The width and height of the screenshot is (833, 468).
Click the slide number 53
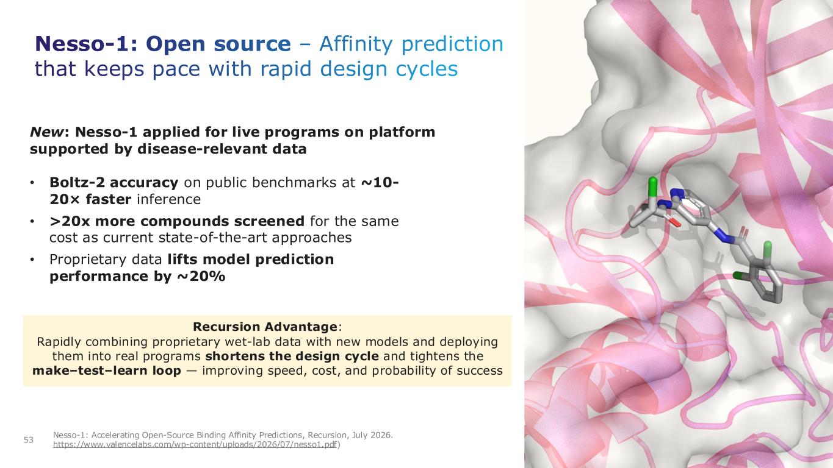click(x=29, y=440)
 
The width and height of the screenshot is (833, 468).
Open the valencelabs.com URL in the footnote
click(x=195, y=445)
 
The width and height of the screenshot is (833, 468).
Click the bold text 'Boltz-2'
click(x=78, y=182)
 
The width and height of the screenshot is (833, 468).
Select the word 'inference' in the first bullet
click(x=169, y=199)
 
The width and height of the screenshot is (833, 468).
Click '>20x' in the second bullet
click(x=70, y=221)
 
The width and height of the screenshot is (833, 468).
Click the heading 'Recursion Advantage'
click(x=265, y=327)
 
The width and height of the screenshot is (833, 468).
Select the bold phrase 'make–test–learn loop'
click(x=107, y=370)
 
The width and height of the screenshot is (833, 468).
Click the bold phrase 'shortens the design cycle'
click(x=292, y=356)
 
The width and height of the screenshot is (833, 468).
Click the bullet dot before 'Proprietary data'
click(x=32, y=260)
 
